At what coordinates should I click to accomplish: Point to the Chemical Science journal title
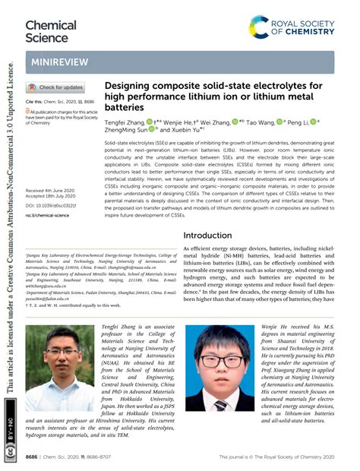click(51, 31)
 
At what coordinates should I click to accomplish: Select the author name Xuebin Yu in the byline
click(183, 131)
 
